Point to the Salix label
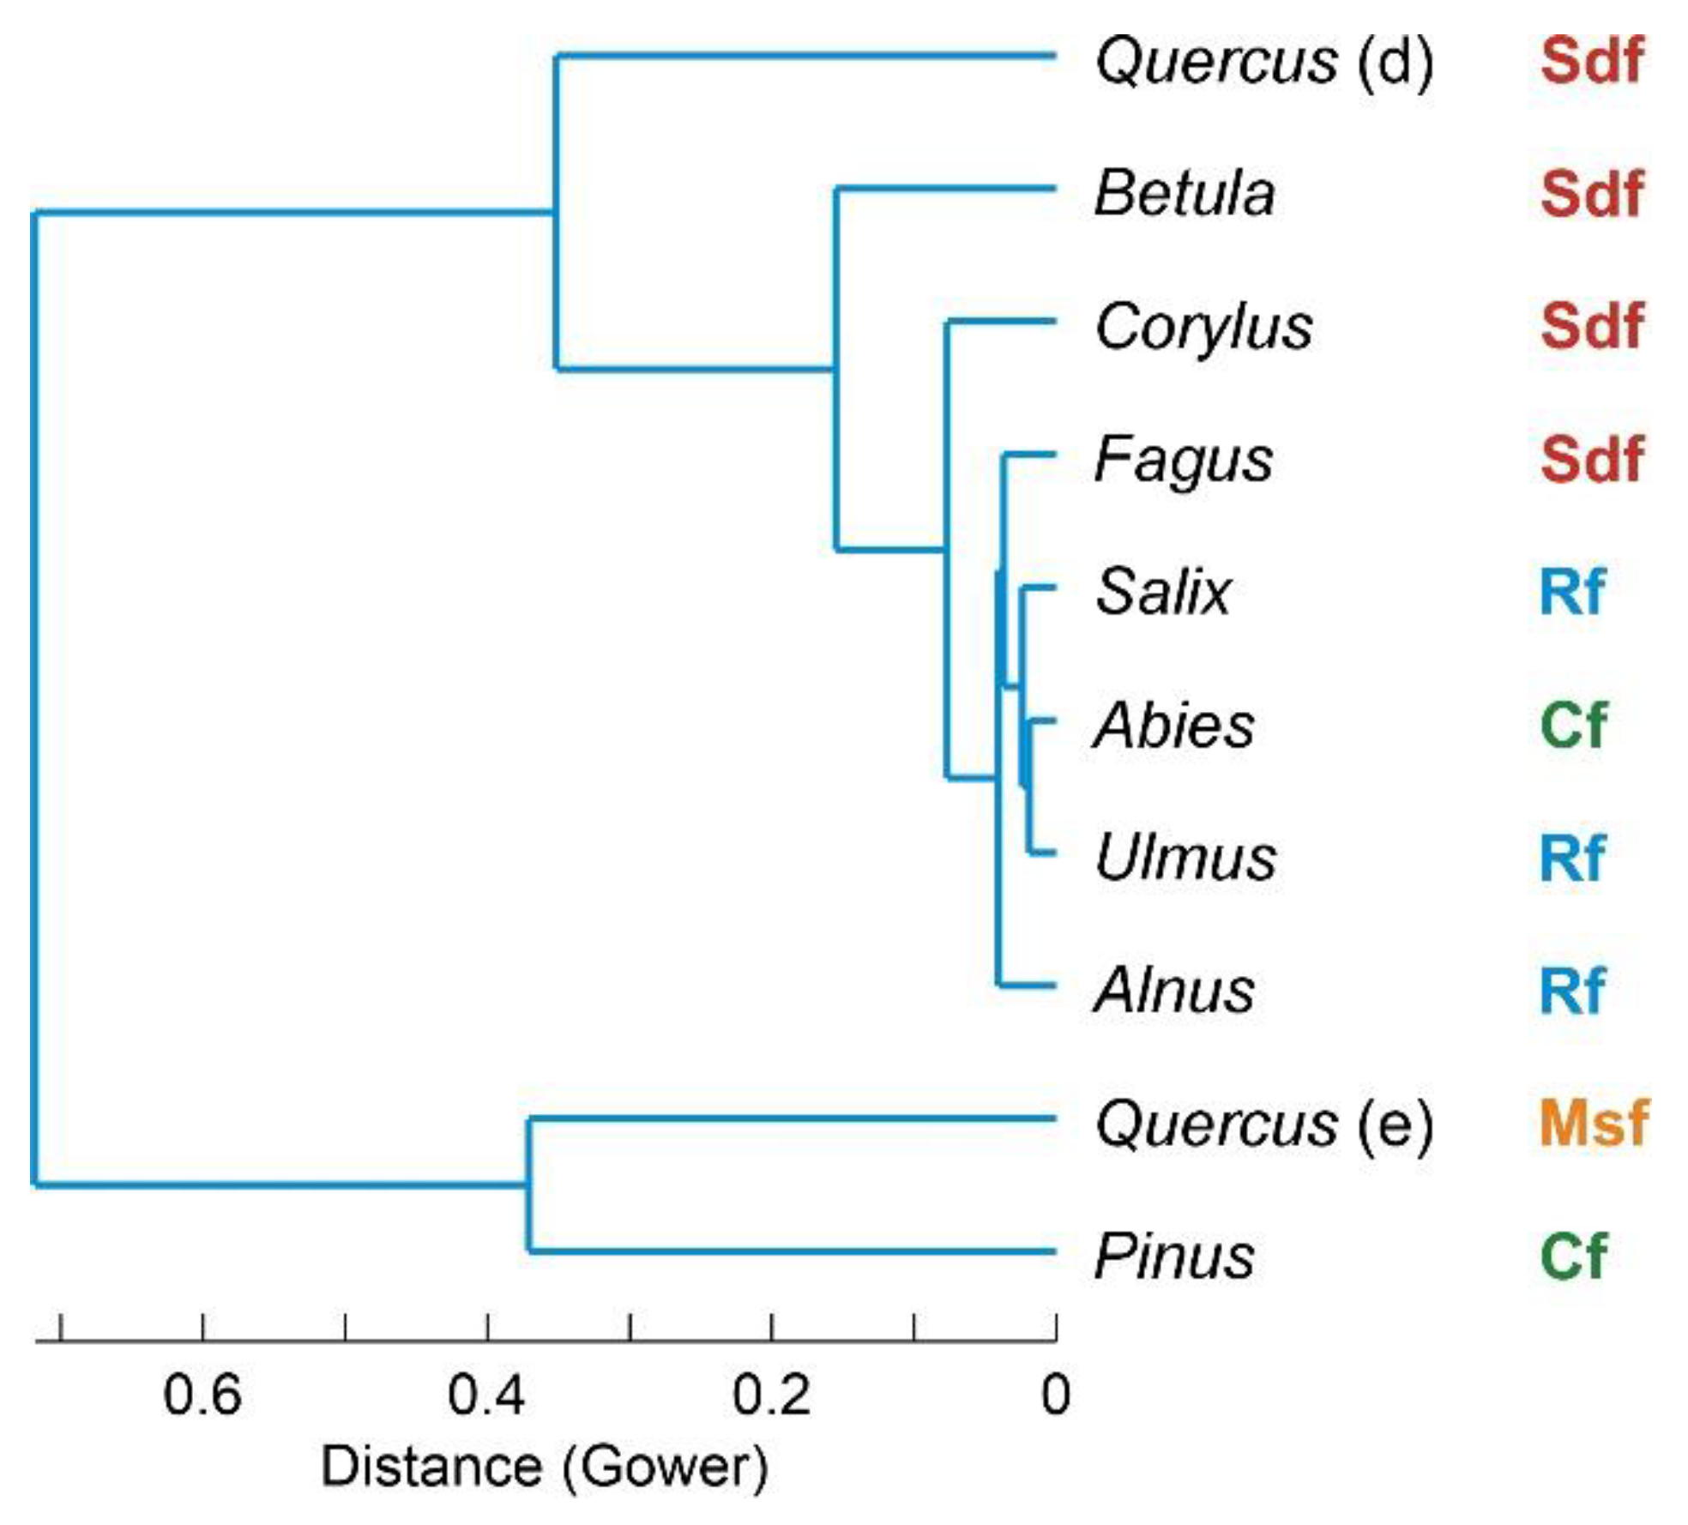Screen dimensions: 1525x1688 point(1162,592)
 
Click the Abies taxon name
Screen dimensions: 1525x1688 point(1173,726)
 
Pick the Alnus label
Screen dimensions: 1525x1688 point(1173,991)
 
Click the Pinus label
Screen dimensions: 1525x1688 point(1173,1257)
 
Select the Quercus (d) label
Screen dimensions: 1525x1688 point(1263,62)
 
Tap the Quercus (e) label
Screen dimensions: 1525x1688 point(1263,1124)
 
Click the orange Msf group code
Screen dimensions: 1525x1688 point(1593,1123)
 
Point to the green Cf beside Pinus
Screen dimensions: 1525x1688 point(1572,1257)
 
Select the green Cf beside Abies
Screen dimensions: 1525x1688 point(1572,726)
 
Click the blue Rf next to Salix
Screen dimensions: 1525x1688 point(1570,592)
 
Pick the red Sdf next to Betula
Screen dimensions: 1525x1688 point(1591,193)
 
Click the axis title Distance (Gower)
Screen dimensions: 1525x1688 point(544,1467)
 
